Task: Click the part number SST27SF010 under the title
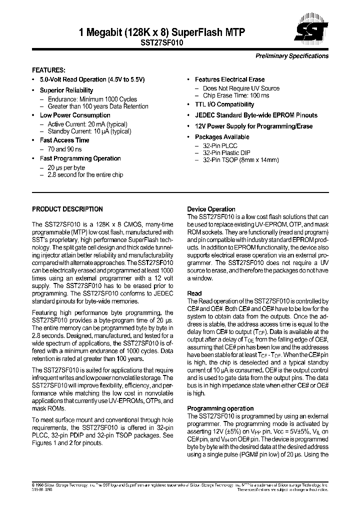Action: click(162, 43)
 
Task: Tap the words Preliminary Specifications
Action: click(292, 56)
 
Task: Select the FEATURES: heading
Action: click(48, 70)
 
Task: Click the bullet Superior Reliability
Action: click(66, 90)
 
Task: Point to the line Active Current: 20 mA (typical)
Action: click(87, 124)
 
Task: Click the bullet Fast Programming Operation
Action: click(80, 158)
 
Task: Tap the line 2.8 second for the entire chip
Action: click(85, 175)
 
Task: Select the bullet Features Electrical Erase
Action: click(229, 79)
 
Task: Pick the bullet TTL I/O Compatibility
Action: click(224, 104)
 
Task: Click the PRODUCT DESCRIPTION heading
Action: click(67, 209)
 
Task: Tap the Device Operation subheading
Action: click(211, 209)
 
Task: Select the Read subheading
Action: click(194, 293)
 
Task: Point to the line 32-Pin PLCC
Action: click(220, 145)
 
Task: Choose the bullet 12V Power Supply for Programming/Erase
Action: click(253, 126)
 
